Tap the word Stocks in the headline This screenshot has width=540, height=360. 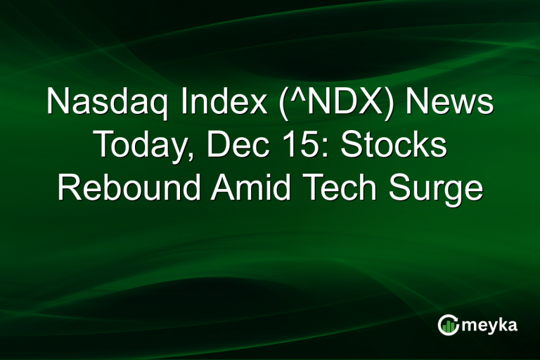click(394, 146)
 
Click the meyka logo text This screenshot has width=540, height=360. click(491, 325)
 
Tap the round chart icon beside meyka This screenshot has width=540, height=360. click(447, 324)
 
